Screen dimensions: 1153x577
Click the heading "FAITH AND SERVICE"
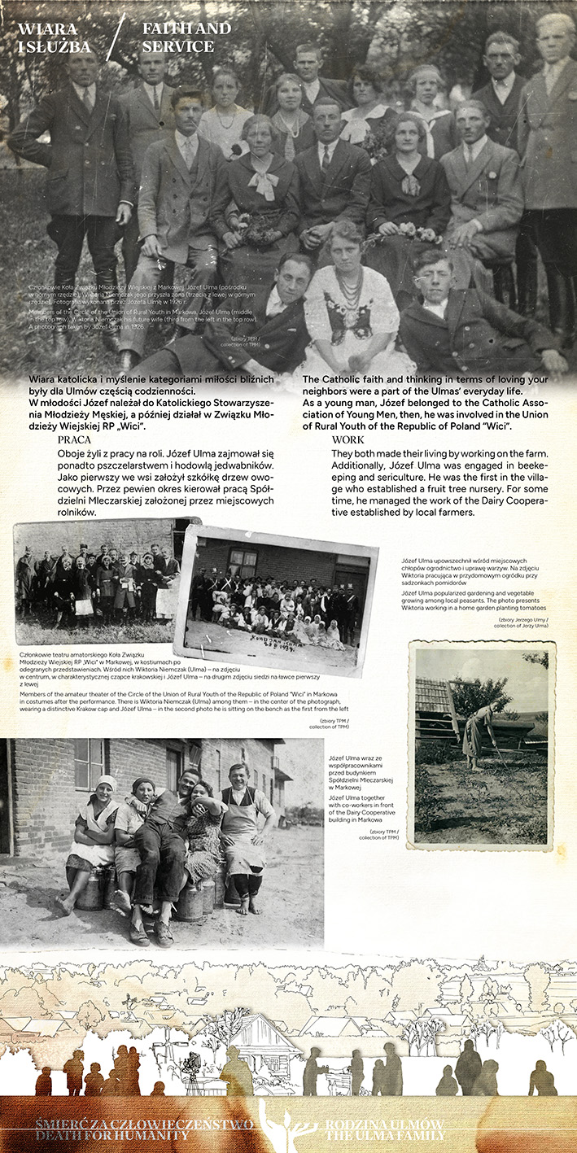click(186, 37)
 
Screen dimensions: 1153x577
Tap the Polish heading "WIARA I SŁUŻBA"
click(55, 37)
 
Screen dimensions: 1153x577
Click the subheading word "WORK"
click(348, 440)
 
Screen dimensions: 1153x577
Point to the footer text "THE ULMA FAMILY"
click(384, 1135)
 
